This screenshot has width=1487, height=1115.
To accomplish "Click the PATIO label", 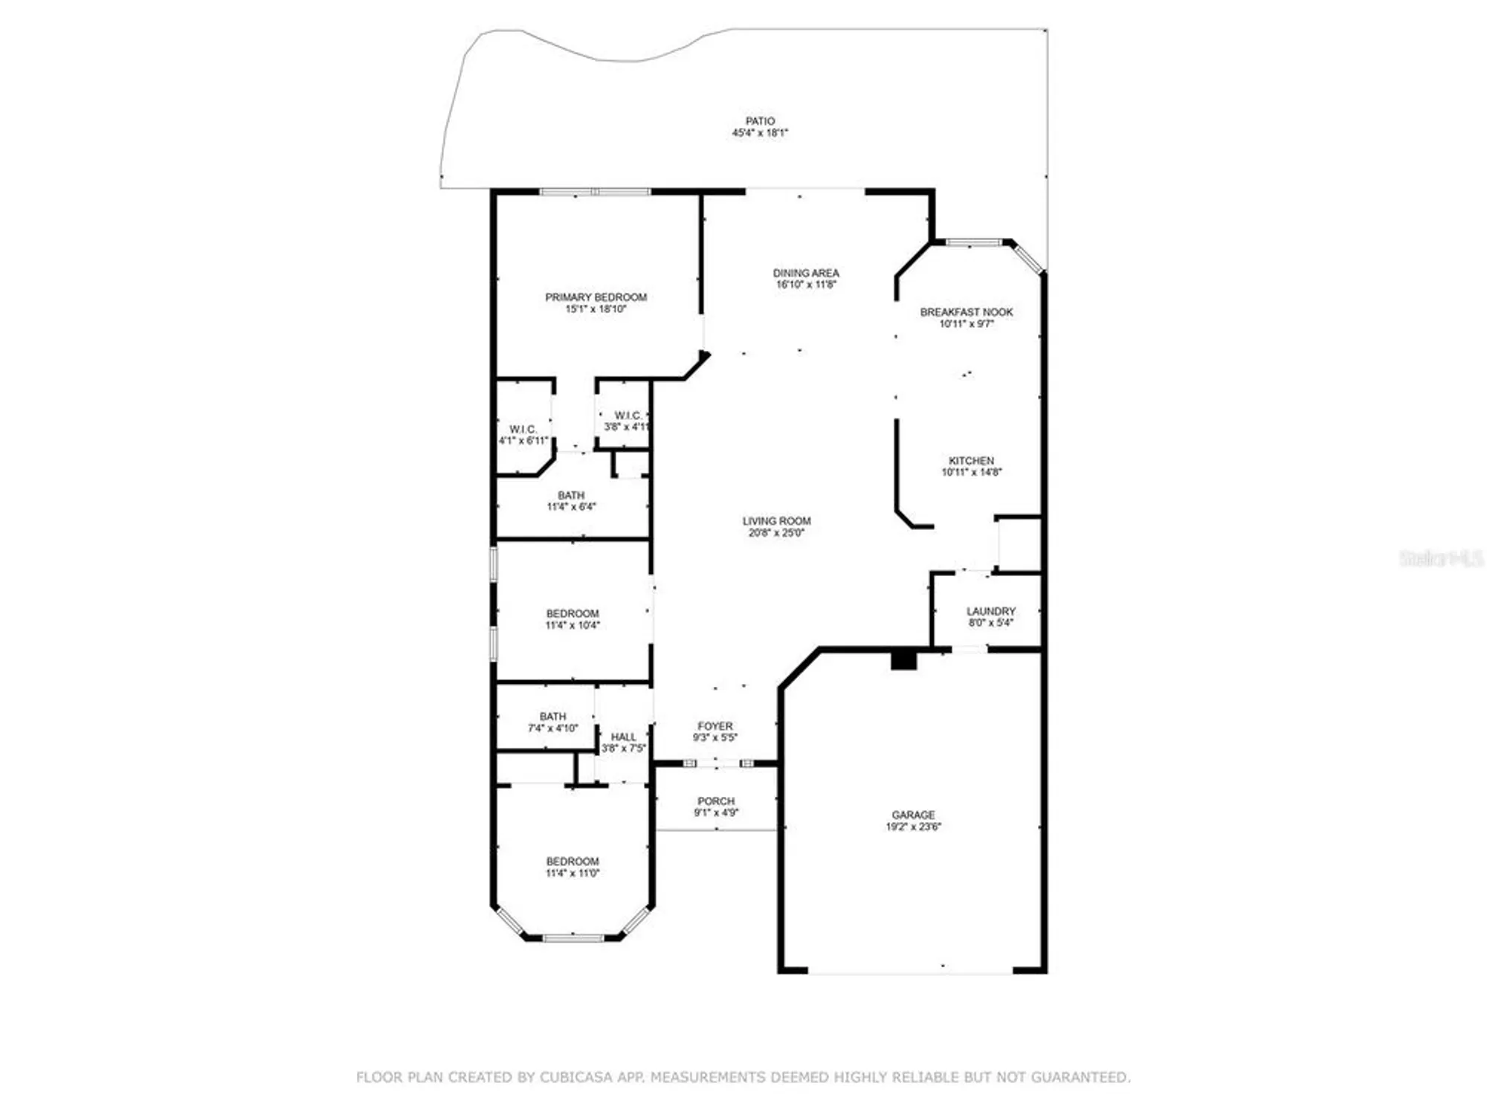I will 760,121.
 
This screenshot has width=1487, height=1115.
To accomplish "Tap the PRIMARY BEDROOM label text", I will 596,297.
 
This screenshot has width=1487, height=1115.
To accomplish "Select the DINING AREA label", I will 806,273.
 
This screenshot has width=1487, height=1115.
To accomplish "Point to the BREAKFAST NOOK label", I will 966,312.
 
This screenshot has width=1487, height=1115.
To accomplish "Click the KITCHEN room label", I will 971,461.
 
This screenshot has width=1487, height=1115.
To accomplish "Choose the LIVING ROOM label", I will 776,521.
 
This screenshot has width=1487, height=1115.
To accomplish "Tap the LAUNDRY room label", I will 990,611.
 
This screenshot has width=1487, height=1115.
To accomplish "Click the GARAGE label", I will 913,815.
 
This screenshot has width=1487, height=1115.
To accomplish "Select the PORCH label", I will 716,801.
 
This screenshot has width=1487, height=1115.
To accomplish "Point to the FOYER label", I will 715,726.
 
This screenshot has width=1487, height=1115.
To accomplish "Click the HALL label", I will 623,737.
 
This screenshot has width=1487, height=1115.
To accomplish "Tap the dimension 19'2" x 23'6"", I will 913,827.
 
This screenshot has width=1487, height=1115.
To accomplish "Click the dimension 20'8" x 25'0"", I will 776,533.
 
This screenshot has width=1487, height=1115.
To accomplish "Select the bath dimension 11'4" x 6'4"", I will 571,507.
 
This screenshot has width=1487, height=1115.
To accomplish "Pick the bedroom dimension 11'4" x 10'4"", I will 572,625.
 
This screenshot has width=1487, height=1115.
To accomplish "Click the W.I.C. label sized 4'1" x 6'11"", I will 523,430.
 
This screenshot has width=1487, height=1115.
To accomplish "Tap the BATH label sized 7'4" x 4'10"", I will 552,717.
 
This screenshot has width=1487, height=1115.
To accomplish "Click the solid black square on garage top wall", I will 903,660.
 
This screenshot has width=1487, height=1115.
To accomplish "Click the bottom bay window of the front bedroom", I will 572,938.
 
